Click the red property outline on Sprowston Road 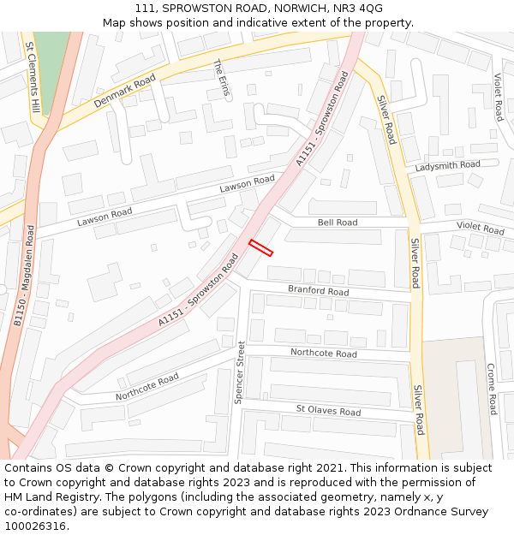click(260, 248)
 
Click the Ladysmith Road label click(448, 165)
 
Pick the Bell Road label click(338, 223)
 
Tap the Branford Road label click(318, 291)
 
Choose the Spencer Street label click(240, 372)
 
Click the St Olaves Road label click(328, 411)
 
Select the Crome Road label click(492, 389)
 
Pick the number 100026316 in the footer click(36, 526)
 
